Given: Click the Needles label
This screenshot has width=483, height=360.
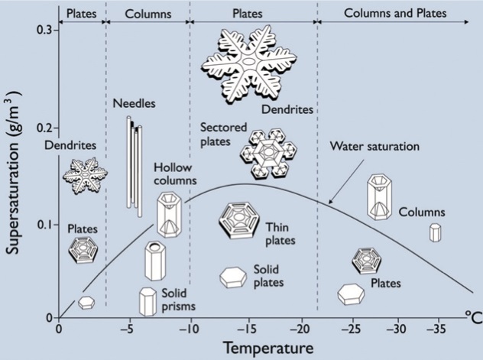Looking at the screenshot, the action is click(x=134, y=103).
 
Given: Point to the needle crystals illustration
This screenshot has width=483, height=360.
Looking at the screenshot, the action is click(x=135, y=167).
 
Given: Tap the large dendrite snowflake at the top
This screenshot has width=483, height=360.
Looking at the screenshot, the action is click(x=249, y=64).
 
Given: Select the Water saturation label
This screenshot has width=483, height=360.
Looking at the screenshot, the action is click(x=374, y=146).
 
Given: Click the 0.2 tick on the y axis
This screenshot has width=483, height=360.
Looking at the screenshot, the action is click(x=57, y=128).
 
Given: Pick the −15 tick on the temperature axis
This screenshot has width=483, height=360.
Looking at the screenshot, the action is click(x=247, y=320).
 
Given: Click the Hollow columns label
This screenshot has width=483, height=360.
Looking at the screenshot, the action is click(x=175, y=174).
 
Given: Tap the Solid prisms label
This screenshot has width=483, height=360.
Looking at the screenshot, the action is click(x=179, y=300).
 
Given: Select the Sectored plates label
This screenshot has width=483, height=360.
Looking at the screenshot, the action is click(x=224, y=135).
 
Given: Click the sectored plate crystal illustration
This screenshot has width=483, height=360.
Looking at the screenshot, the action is click(x=268, y=154).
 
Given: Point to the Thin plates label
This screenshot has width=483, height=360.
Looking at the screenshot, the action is click(x=280, y=234).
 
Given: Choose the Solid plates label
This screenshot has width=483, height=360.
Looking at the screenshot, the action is click(x=268, y=276).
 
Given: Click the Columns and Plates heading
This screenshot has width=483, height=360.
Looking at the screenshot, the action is click(x=395, y=13).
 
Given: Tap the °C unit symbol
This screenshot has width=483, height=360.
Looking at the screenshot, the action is click(x=474, y=317).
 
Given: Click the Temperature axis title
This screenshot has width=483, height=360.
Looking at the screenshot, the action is click(x=268, y=349).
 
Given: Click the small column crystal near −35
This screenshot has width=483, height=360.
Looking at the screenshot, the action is click(x=436, y=232).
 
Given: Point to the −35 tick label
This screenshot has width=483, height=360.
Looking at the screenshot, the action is click(x=436, y=329).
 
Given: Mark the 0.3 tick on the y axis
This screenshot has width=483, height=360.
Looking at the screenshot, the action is click(x=57, y=30).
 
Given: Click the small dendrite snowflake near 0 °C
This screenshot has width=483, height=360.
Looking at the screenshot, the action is click(x=86, y=175).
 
